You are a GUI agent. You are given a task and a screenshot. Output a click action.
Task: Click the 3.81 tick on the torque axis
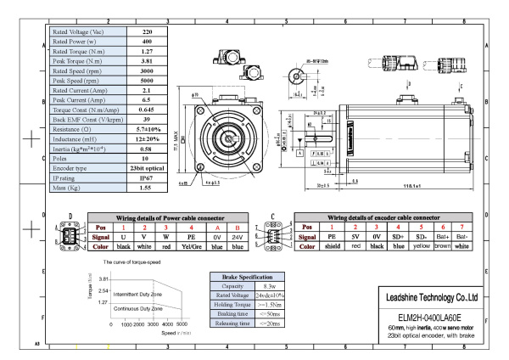tap(99, 278)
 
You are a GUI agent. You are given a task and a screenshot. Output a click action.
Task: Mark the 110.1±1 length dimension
tap(415, 186)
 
